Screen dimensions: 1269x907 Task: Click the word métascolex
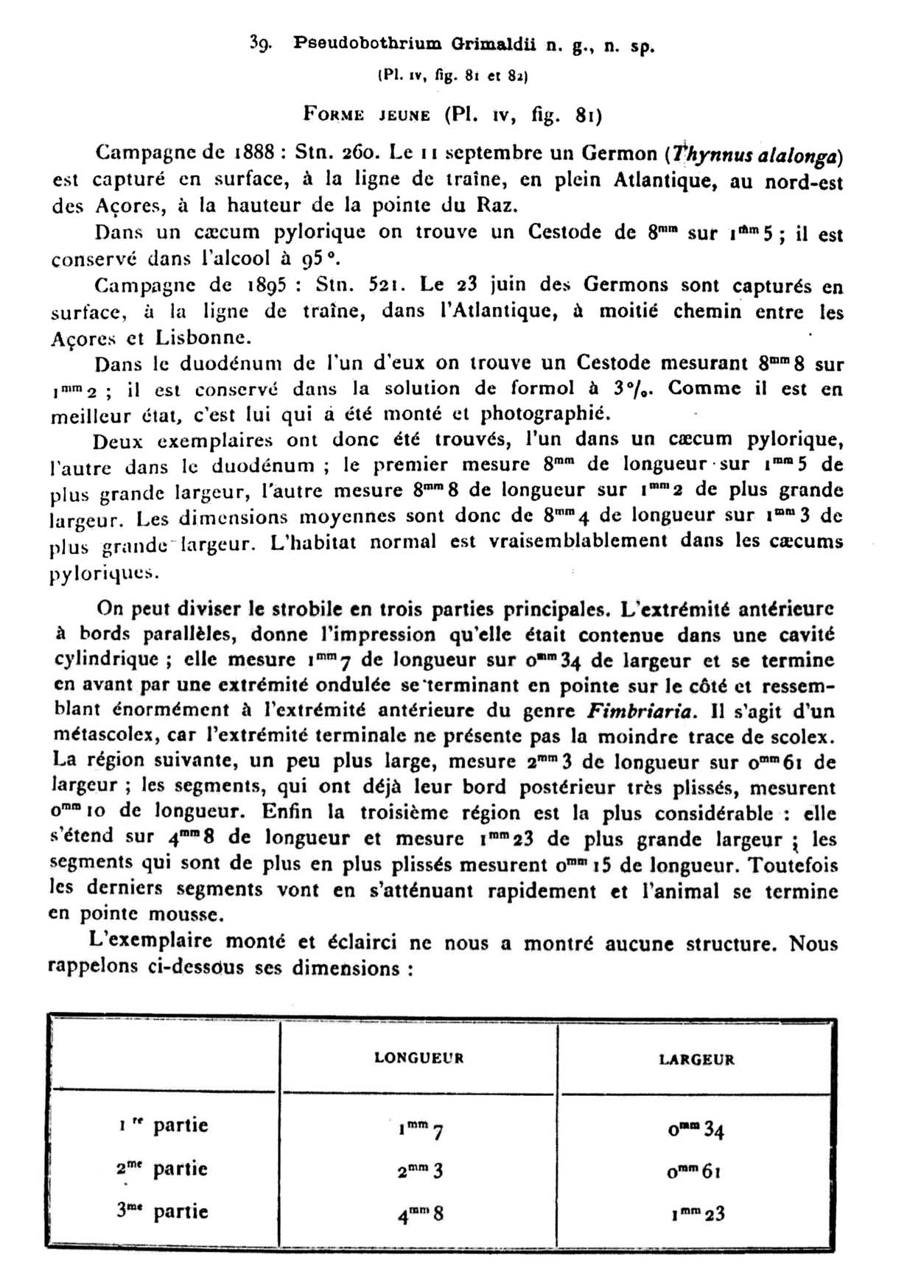pos(98,736)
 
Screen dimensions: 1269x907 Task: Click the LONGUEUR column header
pos(419,1058)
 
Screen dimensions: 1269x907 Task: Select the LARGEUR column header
pos(696,1059)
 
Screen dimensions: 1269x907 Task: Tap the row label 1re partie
pos(163,1125)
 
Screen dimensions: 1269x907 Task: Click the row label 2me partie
pos(162,1169)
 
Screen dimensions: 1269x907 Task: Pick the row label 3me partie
pos(162,1212)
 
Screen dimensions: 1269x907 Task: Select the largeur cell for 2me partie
pos(694,1171)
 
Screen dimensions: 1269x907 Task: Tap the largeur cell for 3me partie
pos(697,1214)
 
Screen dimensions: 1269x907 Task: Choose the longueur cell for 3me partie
pos(420,1214)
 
